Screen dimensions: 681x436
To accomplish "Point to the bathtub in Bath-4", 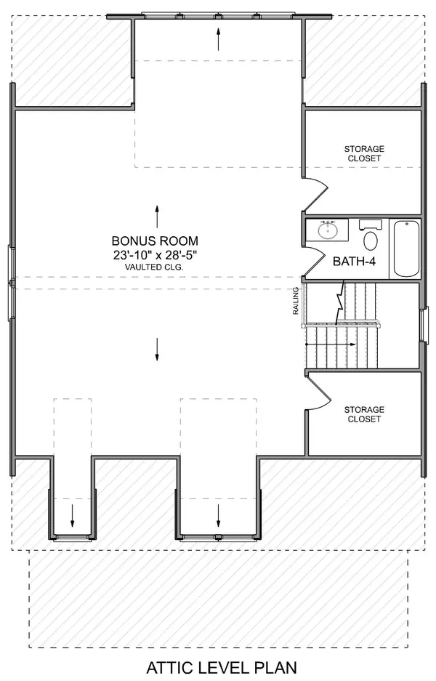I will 406,249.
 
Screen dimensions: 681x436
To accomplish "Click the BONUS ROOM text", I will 154,241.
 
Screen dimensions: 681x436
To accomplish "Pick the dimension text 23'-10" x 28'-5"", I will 154,254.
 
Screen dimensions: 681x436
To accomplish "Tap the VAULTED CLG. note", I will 154,267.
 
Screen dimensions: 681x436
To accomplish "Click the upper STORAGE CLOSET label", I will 364,153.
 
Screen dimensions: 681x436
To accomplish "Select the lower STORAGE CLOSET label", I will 364,414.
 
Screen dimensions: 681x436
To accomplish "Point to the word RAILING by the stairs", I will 296,302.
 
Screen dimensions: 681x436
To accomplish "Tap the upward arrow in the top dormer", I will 218,39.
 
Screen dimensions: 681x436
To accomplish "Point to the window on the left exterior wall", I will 11,282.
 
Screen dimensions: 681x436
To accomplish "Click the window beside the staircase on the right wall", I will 424,323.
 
